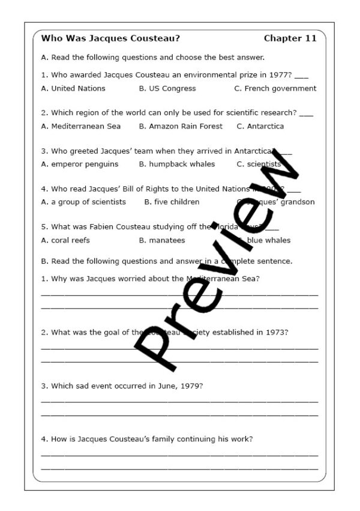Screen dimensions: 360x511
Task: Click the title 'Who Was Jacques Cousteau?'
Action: click(x=110, y=38)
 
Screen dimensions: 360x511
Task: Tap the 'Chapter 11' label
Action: click(x=290, y=38)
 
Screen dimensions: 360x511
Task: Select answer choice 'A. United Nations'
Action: click(x=73, y=88)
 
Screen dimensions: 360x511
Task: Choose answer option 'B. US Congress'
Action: click(x=167, y=88)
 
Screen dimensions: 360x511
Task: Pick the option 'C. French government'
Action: click(x=275, y=88)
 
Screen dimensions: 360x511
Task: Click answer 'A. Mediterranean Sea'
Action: click(x=81, y=126)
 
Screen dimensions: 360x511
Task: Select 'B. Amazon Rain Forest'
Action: click(x=181, y=126)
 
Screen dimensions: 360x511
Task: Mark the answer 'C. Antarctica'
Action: click(x=260, y=126)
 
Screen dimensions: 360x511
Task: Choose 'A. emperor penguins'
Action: click(x=80, y=164)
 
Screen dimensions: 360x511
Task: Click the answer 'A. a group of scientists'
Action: click(x=83, y=202)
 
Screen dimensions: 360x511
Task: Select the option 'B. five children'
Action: click(x=172, y=202)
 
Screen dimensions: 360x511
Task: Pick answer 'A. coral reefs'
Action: click(x=65, y=240)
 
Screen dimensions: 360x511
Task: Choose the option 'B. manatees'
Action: click(x=162, y=240)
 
